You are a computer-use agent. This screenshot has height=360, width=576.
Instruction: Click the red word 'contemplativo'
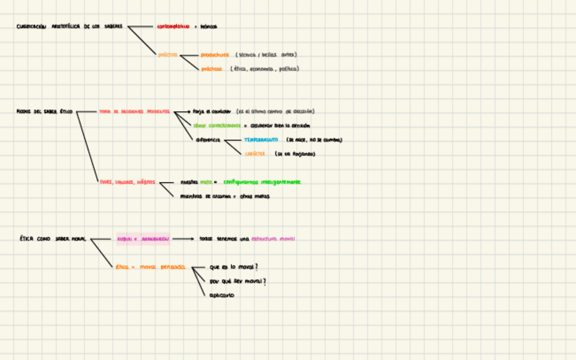[x=173, y=26]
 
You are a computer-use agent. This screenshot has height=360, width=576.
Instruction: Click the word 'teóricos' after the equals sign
[x=209, y=26]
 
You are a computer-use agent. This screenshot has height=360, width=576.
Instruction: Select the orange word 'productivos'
[x=215, y=54]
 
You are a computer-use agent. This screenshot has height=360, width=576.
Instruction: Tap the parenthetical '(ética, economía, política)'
[x=264, y=69]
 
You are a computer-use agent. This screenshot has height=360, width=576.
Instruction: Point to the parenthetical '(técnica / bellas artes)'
[x=266, y=54]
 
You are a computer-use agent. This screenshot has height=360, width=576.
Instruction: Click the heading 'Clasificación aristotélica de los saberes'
[x=69, y=26]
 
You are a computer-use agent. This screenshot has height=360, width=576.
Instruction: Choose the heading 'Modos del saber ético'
[x=45, y=111]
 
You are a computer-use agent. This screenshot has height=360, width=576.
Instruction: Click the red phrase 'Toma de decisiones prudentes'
[x=134, y=111]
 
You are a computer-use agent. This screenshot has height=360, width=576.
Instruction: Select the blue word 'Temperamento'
[x=261, y=140]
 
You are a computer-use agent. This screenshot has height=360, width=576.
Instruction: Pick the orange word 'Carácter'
[x=255, y=154]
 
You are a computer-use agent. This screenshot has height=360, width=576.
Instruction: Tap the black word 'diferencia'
[x=208, y=140]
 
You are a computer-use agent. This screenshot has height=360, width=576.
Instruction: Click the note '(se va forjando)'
[x=295, y=154]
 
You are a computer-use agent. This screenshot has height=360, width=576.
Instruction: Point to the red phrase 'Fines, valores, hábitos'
[x=127, y=182]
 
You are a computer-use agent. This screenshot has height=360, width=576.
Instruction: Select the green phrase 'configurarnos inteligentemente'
[x=262, y=182]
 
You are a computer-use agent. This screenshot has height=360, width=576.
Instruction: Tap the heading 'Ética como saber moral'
[x=52, y=239]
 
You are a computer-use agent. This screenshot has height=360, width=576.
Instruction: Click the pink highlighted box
[x=143, y=239]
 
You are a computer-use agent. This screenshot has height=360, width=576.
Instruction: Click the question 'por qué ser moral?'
[x=238, y=281]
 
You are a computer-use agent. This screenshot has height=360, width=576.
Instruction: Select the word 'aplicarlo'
[x=222, y=295]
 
